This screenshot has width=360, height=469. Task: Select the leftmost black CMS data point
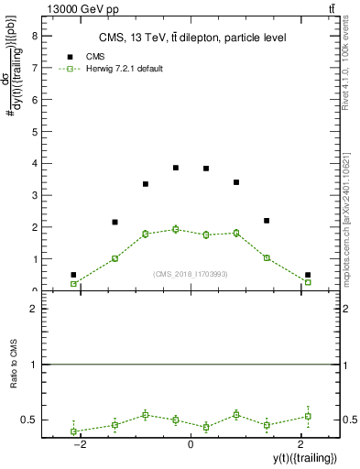(x=73, y=275)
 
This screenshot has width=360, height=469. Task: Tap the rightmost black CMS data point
(x=308, y=275)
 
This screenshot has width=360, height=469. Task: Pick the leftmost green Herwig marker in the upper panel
(x=73, y=284)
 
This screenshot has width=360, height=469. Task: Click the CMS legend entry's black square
(x=70, y=56)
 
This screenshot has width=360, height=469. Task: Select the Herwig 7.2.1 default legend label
(x=124, y=69)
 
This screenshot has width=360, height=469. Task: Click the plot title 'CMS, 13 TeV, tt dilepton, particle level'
(x=193, y=38)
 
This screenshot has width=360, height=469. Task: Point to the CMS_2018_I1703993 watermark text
(x=191, y=273)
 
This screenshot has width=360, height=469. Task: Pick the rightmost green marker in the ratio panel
(x=308, y=416)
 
